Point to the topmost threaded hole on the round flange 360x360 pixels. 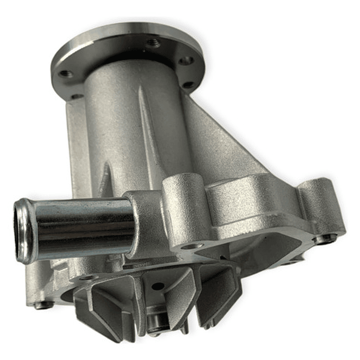point(153,44)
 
